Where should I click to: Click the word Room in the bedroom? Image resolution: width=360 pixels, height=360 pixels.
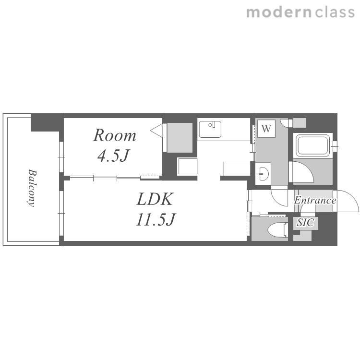(x=115, y=135)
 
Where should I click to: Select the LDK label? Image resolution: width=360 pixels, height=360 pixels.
(x=154, y=199)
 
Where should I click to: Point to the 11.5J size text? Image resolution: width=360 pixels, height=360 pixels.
(x=156, y=219)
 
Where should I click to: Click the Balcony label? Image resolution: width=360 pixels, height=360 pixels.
(x=32, y=188)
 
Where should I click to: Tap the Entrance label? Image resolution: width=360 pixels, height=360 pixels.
(x=315, y=200)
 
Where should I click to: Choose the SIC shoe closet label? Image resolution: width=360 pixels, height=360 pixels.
(x=305, y=222)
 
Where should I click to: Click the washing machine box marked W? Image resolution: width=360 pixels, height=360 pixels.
(x=266, y=129)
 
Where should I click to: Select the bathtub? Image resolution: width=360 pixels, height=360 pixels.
(x=313, y=145)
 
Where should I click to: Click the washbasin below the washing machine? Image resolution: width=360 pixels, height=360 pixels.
(x=263, y=173)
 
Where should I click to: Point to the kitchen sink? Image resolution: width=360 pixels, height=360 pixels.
(x=210, y=129)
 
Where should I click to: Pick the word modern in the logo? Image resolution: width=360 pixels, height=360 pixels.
(x=279, y=12)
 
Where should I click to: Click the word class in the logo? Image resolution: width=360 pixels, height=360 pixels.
(x=335, y=12)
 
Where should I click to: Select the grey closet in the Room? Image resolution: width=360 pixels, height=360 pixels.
(x=180, y=138)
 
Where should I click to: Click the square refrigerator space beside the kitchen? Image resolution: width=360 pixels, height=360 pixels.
(x=187, y=166)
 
